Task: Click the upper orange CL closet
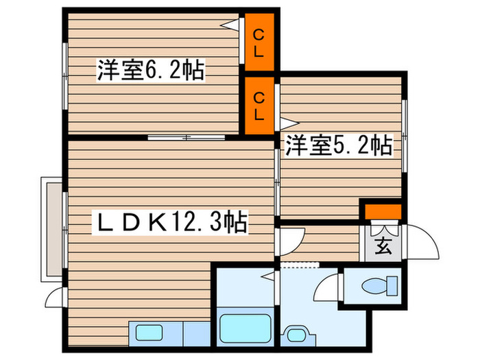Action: pos(260,41)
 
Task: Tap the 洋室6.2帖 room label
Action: pos(151,71)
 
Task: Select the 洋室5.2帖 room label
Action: pos(339,145)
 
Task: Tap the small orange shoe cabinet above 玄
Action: pos(382,211)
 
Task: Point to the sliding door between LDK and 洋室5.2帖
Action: pos(276,182)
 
